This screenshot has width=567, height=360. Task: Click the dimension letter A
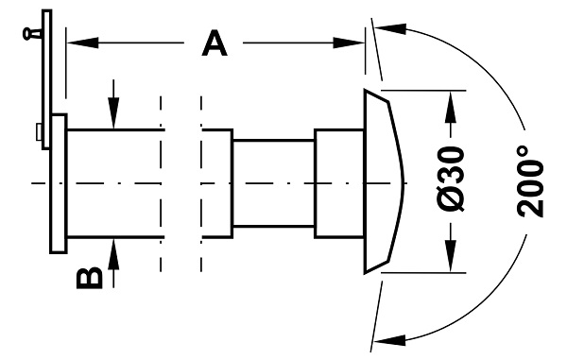pos(215,43)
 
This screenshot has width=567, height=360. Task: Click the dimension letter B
pos(90,278)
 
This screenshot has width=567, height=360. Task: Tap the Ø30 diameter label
pos(451,179)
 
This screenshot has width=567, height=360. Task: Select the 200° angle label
pos(531,181)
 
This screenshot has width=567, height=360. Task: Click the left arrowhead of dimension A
pos(83,43)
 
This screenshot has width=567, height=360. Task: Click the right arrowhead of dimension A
pos(349,43)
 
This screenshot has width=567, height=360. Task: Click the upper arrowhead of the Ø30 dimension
pos(451,107)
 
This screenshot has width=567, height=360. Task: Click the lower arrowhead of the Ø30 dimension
pos(451,256)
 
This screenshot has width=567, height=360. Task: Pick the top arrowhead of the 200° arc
pos(391,28)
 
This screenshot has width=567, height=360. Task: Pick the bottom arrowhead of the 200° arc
pos(389,340)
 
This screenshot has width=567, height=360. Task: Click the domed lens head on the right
pos(383,181)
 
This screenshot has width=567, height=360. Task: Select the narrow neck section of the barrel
pos(273,183)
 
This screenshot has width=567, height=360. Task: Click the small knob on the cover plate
pos(32,34)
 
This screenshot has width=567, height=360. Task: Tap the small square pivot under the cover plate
pos(39,132)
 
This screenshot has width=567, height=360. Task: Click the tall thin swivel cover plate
pos(46,79)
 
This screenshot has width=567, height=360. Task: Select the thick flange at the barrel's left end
pos(59,183)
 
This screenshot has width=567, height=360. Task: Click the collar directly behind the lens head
pos(339,183)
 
